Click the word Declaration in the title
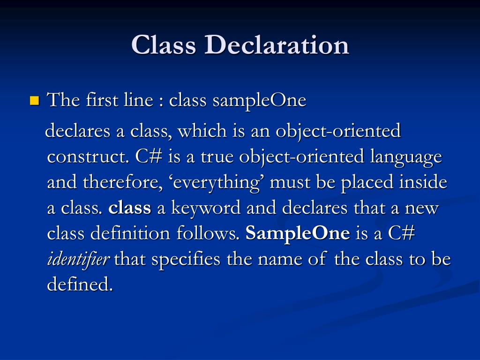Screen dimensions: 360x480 (277, 45)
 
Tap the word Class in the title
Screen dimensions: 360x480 (164, 45)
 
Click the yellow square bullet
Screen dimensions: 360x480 (34, 100)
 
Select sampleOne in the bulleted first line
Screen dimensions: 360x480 (259, 100)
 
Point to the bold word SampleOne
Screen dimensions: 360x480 (298, 233)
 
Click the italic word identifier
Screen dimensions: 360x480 (78, 259)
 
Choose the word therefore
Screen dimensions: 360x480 (120, 182)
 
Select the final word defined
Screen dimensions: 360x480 (80, 285)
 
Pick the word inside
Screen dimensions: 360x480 (423, 182)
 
